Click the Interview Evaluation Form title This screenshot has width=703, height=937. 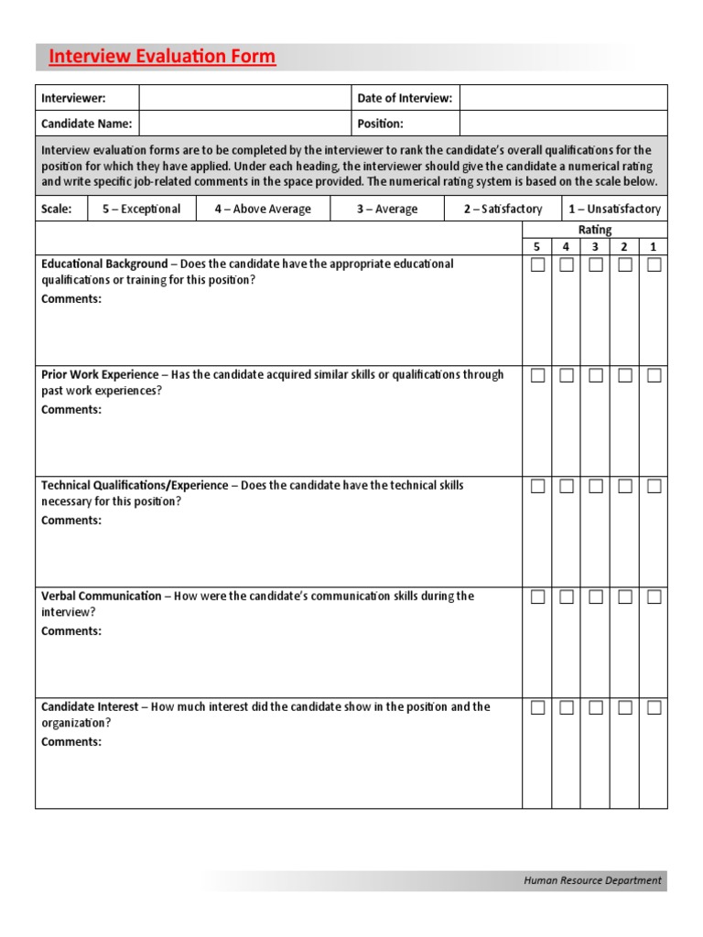point(162,57)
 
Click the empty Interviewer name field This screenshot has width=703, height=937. point(244,98)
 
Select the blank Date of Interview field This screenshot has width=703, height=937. point(563,98)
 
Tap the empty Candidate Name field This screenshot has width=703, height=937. point(244,124)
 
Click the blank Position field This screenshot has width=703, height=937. point(563,124)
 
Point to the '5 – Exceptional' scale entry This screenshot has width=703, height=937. point(141,209)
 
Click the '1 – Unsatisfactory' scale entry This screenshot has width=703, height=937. point(613,209)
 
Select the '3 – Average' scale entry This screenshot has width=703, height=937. point(387,209)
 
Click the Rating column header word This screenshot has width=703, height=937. point(595,230)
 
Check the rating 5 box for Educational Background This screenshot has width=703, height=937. point(537,265)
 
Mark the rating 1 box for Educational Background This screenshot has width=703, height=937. point(654,265)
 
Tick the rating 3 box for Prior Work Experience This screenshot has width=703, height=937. point(596,375)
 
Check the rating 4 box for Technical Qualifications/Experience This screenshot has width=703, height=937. point(567,486)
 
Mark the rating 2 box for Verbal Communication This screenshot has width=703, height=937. point(625,597)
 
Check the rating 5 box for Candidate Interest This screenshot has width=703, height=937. point(537,707)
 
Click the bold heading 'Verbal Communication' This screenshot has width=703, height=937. point(101,596)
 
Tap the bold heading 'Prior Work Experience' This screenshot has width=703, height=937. point(100,374)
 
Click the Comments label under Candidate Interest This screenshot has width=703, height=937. point(71,742)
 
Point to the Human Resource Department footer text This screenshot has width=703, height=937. point(592,880)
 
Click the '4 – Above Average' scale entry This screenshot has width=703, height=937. point(263,209)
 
